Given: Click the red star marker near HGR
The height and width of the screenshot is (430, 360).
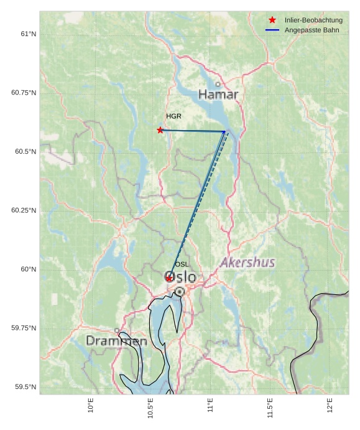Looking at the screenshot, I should coord(160,130).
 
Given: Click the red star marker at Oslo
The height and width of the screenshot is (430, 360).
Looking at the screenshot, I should coord(169,278).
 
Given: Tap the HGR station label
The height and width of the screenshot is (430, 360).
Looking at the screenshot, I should coord(173,116).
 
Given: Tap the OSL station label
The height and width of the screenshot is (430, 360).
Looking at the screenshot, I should coord(182,264).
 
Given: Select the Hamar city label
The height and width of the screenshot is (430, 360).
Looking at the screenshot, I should coord(218,95).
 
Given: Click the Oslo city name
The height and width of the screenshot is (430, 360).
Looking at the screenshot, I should coord(180,277).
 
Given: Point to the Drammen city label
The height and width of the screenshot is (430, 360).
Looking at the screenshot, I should coord(116,341).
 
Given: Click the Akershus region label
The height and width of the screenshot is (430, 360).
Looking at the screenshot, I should coord(247,263).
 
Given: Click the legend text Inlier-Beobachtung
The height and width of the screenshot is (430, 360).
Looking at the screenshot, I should coord(313,21).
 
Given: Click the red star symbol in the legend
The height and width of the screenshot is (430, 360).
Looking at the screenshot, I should coord(272,21).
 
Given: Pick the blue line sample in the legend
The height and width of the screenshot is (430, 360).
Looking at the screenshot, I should coord(272,30).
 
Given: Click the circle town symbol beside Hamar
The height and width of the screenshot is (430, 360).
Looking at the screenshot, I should coord(218,84).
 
